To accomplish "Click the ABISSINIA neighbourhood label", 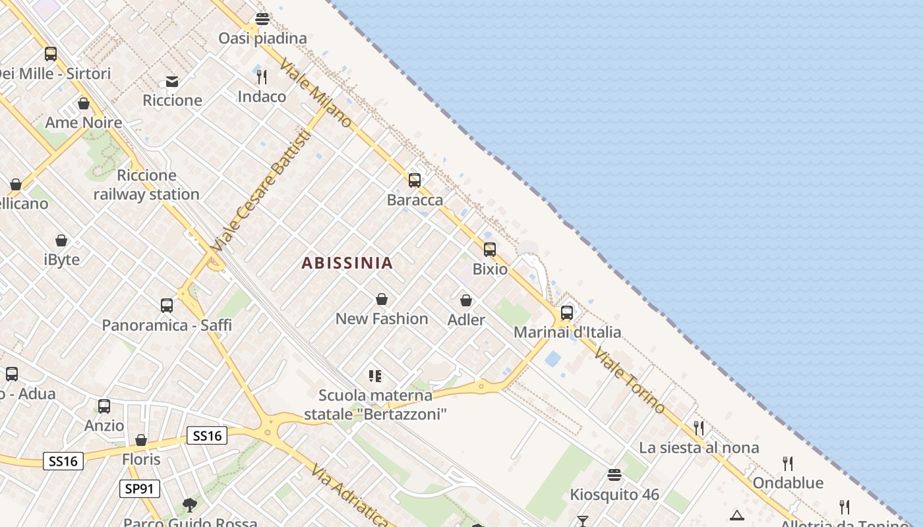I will tap(347, 263).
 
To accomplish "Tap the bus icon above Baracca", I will tap(415, 180).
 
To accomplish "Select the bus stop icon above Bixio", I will tap(490, 250).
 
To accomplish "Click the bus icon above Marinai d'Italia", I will tap(567, 313).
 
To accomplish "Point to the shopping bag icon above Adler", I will tap(466, 300).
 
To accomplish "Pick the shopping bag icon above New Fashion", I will tap(382, 299).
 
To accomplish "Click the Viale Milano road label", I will tap(316, 92).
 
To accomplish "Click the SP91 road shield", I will tap(140, 489).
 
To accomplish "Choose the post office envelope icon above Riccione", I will tap(172, 81).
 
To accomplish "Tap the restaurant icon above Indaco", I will tap(262, 77).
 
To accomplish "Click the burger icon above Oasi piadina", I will tap(262, 19).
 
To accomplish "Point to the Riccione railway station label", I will tap(146, 184).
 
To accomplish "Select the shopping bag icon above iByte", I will tap(61, 240).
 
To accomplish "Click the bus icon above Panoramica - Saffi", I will tap(167, 306).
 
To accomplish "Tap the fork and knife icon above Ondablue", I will tap(787, 463).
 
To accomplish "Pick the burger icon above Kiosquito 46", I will tap(614, 475).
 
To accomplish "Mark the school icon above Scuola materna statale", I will tap(375, 376).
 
